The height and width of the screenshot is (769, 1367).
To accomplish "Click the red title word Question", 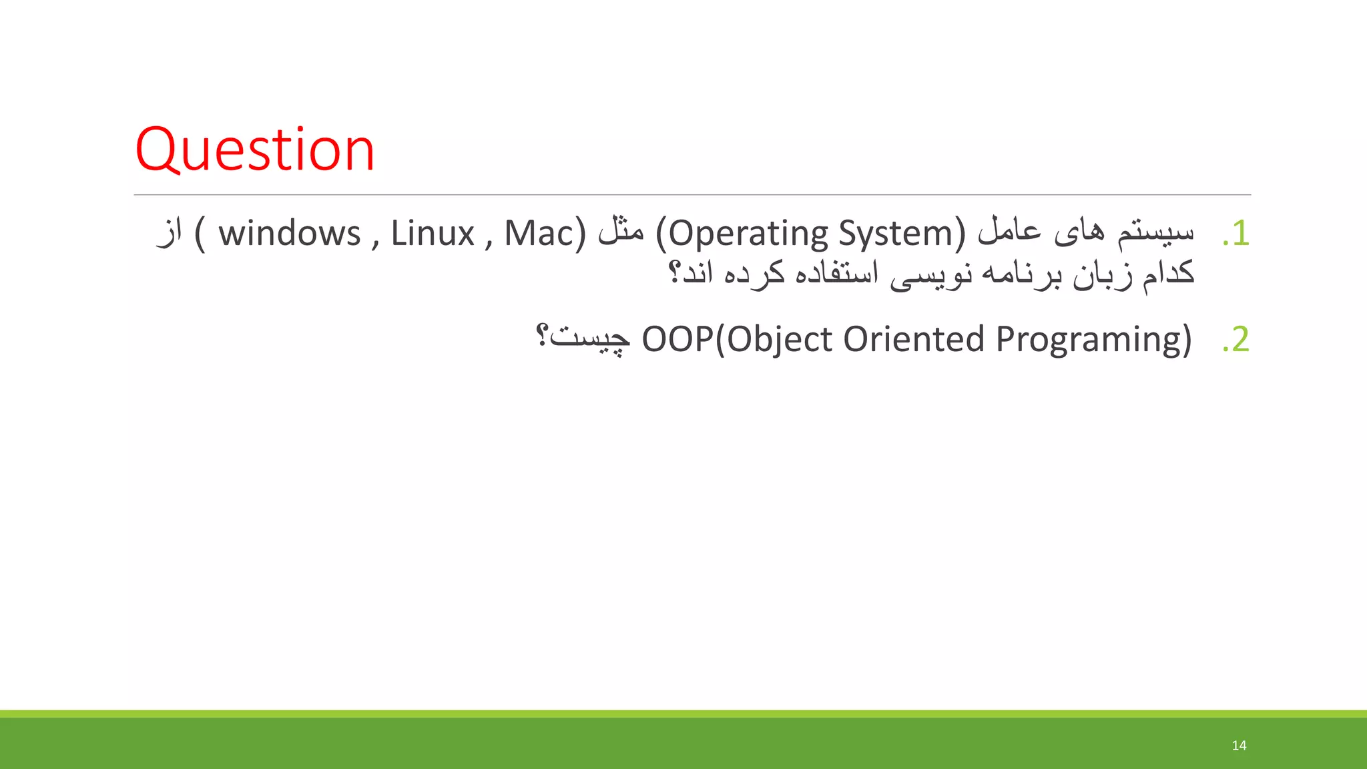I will point(254,150).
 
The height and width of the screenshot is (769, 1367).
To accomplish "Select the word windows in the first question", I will point(289,234).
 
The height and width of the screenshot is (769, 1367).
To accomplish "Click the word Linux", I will point(432,234).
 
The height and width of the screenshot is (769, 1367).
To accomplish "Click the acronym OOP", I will point(677,339).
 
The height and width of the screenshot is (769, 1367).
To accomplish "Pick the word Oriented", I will point(914,339).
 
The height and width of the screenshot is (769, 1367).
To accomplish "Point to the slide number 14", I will point(1239,745).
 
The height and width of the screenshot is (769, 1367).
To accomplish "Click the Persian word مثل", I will point(621,232).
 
